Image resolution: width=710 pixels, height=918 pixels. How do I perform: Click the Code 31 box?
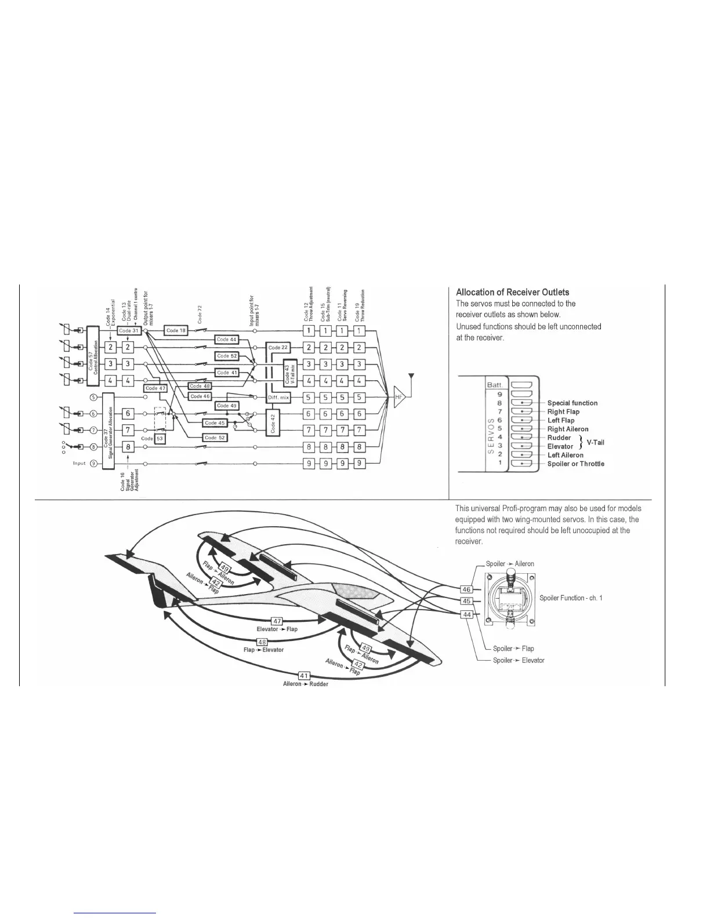[129, 330]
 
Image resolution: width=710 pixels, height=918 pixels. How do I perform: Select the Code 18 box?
[176, 330]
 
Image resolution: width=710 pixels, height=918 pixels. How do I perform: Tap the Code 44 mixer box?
[226, 339]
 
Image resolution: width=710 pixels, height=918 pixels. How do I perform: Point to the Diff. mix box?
[278, 398]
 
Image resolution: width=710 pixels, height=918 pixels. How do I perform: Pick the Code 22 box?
[278, 348]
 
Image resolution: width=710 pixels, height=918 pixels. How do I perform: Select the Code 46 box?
[200, 396]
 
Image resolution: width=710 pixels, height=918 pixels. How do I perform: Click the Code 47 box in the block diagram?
[155, 388]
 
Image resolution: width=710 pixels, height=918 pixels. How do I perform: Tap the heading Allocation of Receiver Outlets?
[512, 292]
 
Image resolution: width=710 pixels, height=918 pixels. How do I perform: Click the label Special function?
[572, 403]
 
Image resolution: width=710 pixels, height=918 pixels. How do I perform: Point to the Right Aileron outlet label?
[567, 429]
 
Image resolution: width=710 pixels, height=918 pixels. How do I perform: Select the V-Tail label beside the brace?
[595, 442]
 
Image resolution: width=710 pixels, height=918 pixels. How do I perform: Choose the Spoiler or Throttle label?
[575, 464]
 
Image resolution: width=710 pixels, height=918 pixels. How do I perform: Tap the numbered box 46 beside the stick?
[466, 589]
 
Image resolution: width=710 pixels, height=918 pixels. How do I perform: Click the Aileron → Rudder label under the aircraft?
[305, 684]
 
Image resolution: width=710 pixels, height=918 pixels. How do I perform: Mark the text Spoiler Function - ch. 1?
[571, 598]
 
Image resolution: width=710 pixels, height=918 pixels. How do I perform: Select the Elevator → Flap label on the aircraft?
[277, 629]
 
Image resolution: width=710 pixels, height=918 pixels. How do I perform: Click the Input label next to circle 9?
[79, 463]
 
